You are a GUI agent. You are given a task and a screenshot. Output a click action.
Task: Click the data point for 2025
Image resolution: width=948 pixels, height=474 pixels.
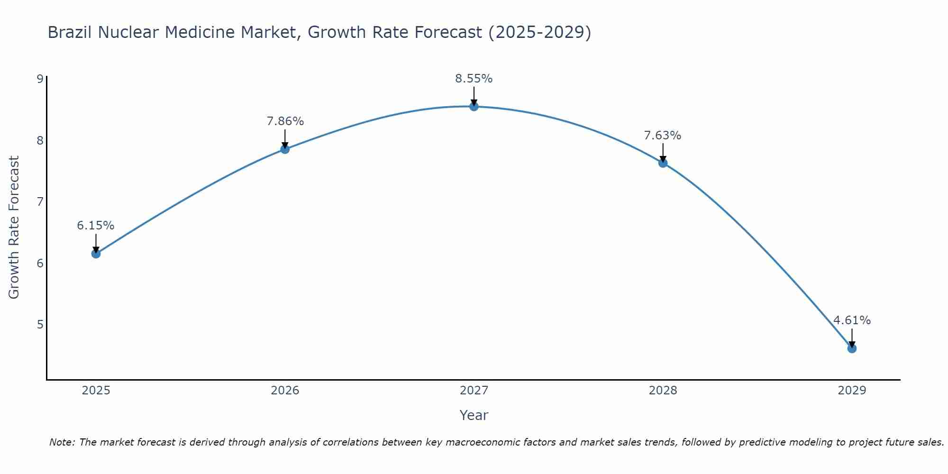click(96, 254)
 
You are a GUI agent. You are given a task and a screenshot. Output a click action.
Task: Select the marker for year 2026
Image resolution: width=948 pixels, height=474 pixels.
click(285, 149)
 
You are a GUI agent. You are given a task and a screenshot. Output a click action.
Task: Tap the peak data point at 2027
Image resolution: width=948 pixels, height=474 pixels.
click(474, 107)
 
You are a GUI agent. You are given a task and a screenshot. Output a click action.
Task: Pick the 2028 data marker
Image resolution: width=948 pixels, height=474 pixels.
click(663, 163)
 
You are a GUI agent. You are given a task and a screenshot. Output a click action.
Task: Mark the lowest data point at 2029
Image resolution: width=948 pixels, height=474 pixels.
click(852, 348)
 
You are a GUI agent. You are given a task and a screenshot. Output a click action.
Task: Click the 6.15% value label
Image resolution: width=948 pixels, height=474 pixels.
click(96, 226)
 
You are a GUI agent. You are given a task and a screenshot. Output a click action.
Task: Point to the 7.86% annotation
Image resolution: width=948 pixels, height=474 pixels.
click(285, 121)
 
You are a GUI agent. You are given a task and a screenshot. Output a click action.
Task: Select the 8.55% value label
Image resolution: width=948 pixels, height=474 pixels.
click(474, 79)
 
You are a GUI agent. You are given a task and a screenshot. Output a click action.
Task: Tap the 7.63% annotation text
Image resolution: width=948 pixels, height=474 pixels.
click(663, 136)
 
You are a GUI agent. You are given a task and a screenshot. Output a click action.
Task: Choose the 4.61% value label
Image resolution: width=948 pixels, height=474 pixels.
click(852, 320)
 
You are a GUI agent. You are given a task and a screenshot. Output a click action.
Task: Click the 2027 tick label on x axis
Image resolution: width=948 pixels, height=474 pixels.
click(474, 391)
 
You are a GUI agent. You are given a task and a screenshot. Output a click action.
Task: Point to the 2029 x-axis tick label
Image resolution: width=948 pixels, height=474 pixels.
click(852, 391)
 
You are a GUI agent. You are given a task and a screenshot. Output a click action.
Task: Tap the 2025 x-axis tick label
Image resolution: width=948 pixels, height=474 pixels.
click(96, 391)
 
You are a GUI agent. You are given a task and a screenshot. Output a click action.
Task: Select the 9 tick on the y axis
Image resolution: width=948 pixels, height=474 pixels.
click(40, 79)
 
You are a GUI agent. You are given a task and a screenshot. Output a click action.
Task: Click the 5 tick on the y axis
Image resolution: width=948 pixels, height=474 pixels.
click(40, 325)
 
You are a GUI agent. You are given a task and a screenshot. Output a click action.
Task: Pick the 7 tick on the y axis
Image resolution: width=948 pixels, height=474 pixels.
click(40, 202)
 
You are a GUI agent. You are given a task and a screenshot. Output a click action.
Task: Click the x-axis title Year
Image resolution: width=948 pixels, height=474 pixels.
click(474, 415)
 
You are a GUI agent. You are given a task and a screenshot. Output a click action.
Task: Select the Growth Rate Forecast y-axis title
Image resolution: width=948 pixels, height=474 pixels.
click(14, 228)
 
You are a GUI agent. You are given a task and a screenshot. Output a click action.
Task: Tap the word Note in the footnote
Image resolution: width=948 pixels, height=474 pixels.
click(62, 442)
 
